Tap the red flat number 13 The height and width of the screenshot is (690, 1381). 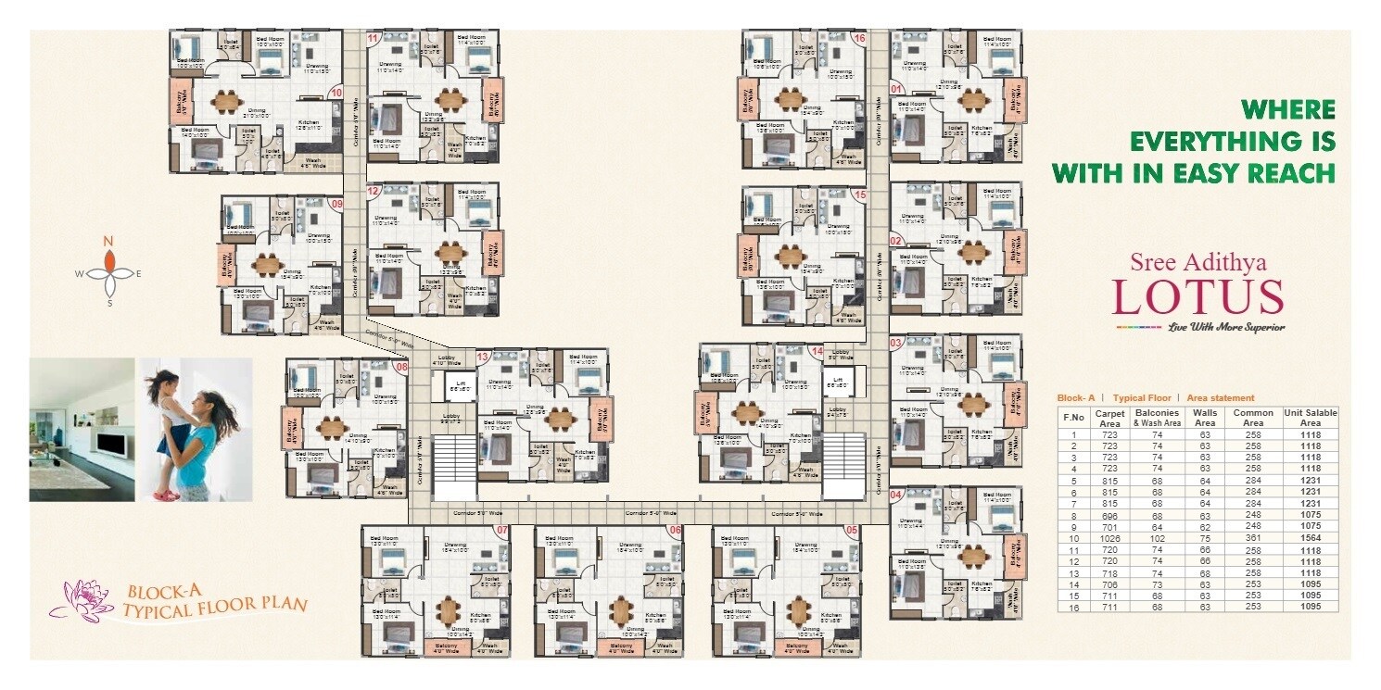[x=482, y=357]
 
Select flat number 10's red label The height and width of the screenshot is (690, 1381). [x=336, y=93]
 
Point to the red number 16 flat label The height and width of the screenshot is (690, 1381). [x=859, y=38]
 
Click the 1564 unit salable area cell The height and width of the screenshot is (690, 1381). [x=1302, y=538]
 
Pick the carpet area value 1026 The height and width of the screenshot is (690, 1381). [x=1109, y=538]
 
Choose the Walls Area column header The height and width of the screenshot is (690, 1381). [x=1206, y=417]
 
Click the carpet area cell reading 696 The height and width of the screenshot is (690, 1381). [x=1109, y=515]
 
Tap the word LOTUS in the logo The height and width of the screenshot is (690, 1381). [x=1197, y=296]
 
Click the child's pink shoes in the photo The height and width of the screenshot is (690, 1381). [x=166, y=496]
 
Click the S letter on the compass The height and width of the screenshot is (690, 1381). [x=109, y=302]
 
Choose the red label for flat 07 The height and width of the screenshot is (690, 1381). [x=501, y=531]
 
